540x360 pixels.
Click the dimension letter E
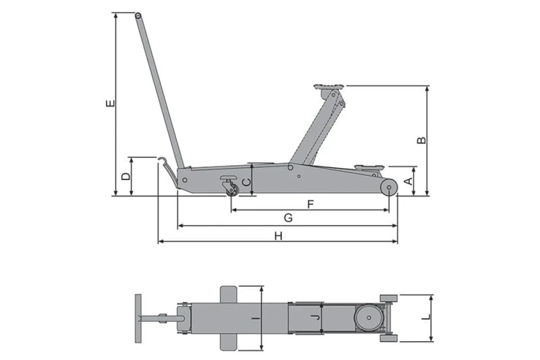point(110,103)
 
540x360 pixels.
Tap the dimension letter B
point(422,140)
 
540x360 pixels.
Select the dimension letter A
point(408,181)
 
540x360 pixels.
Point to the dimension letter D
point(126,176)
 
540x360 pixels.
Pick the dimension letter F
point(310,205)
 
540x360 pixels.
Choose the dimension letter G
point(288,218)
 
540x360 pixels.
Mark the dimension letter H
point(278,236)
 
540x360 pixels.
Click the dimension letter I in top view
point(255,318)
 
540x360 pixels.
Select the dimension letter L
point(427,317)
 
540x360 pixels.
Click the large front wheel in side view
point(389,187)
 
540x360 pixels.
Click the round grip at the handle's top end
point(138,16)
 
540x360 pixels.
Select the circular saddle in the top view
point(369,318)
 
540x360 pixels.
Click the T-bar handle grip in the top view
point(138,318)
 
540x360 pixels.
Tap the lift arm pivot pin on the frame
point(291,167)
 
